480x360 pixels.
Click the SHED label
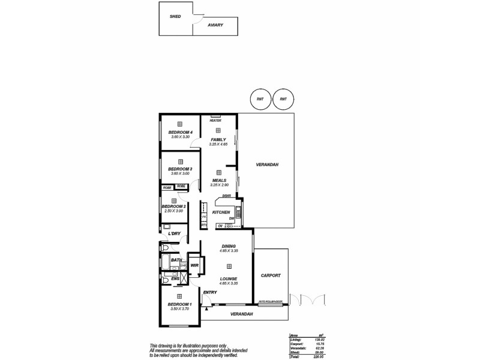point(176,16)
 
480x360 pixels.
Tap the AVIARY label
point(215,25)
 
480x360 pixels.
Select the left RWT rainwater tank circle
point(260,100)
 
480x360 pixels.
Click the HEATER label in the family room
point(215,121)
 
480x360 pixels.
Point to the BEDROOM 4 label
point(180,132)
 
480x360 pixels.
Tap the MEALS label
point(218,179)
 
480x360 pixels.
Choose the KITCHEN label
point(221,212)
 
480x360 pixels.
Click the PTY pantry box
point(204,225)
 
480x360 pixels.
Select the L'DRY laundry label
point(175,233)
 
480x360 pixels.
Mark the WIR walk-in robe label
point(194,265)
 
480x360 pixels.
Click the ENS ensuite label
point(175,278)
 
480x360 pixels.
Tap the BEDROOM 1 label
point(179,304)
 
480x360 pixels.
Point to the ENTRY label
point(210,292)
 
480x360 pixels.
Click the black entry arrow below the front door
point(206,308)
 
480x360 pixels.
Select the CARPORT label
point(271,275)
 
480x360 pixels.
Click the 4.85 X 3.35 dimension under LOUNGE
point(229,283)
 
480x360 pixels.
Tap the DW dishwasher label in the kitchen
point(231,218)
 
